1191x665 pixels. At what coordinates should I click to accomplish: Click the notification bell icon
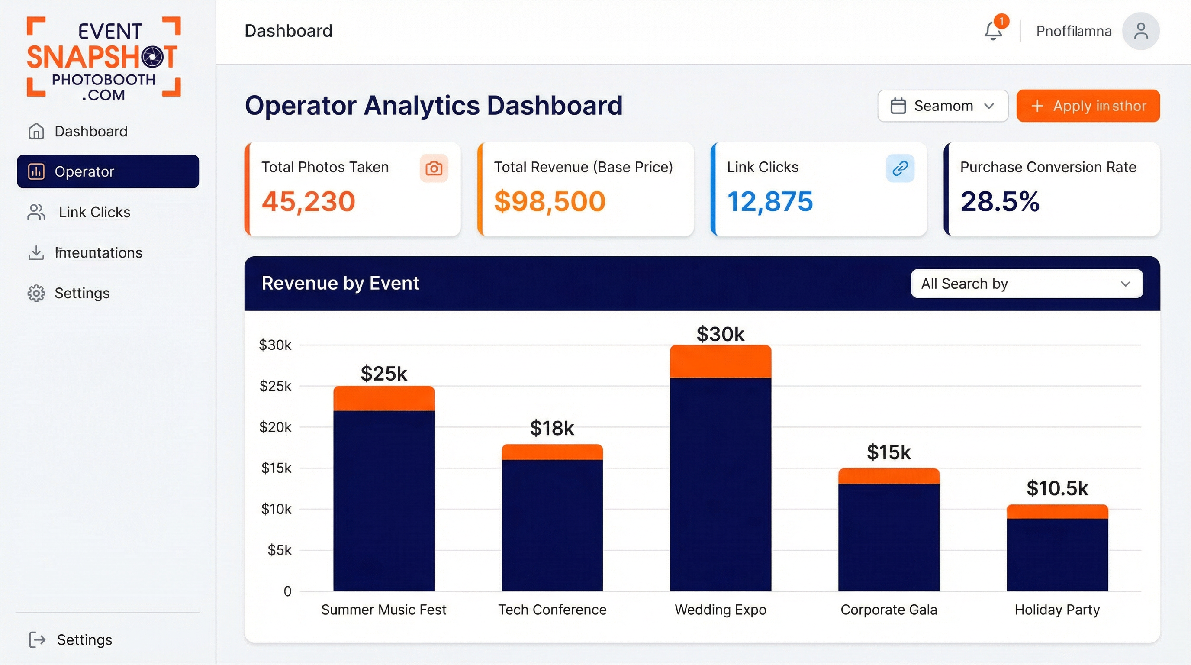tap(993, 31)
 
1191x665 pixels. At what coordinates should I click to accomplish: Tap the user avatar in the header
tap(1141, 31)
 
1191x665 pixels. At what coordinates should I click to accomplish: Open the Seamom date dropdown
tap(942, 106)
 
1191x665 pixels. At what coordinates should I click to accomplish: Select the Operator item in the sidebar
tap(108, 171)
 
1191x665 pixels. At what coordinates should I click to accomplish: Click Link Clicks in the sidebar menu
tap(94, 212)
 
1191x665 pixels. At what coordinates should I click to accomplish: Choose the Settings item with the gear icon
tap(81, 293)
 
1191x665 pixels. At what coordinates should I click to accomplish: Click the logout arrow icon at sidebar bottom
tap(37, 639)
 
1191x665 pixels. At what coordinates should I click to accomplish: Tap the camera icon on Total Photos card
tap(433, 168)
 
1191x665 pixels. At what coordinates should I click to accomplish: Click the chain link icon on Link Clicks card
tap(900, 168)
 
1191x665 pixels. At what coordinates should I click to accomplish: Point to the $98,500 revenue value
tap(549, 202)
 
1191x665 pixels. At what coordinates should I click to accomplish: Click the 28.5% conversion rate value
tap(1000, 202)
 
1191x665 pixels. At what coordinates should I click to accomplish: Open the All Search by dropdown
tap(1027, 284)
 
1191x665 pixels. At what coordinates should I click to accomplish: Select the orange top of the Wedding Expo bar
tap(720, 362)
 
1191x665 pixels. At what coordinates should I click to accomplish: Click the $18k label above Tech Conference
tap(552, 428)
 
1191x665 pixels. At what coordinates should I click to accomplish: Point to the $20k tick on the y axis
tap(275, 427)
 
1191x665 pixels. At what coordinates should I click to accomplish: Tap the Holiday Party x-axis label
tap(1057, 610)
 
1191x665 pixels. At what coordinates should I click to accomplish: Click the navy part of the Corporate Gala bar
tap(888, 536)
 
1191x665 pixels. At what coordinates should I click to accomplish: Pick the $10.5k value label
tap(1057, 488)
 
